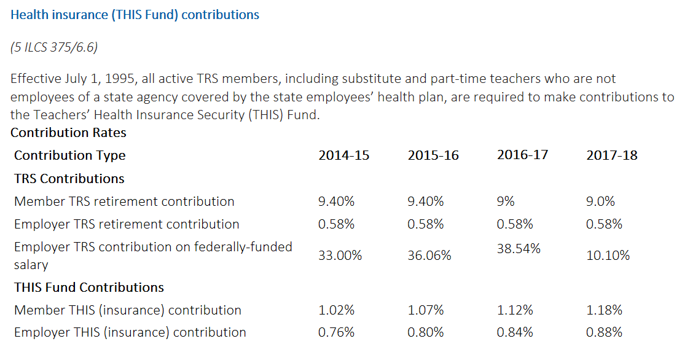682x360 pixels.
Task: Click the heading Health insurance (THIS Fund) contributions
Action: coord(135,15)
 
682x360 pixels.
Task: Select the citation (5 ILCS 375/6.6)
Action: coord(54,47)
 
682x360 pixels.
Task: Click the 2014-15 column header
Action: coord(344,155)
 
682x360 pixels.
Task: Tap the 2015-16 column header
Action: coord(433,155)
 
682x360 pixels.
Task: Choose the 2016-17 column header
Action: coord(522,154)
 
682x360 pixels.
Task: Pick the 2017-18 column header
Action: coord(612,155)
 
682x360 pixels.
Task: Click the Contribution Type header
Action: coord(69,155)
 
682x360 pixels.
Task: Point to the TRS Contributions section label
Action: coord(69,179)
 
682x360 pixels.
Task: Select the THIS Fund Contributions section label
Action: coord(89,288)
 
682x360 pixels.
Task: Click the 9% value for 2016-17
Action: coord(506,201)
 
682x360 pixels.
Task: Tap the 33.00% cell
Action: coord(340,256)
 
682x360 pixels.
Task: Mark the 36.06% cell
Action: coord(429,256)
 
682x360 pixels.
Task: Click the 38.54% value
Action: coord(519,249)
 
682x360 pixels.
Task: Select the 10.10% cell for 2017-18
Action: coord(608,256)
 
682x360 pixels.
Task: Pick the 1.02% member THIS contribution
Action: coord(336,310)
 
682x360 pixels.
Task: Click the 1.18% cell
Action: coord(605,310)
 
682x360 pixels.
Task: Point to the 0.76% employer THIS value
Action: coord(336,332)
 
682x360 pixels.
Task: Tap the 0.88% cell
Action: coord(605,332)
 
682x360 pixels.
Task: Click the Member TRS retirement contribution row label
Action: coord(124,202)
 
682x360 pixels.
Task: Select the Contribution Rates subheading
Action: coord(68,133)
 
